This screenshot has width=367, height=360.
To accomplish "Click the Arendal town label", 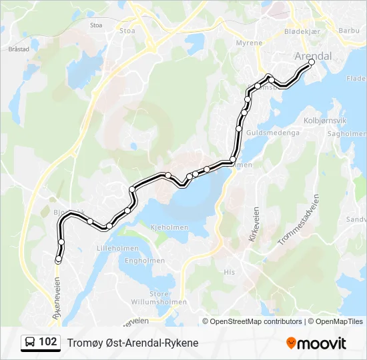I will pos(314,55).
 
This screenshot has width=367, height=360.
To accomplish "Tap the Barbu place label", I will pos(349,30).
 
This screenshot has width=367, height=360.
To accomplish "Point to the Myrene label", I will pos(249,43).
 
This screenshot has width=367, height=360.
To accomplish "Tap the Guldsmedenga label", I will pos(272,133).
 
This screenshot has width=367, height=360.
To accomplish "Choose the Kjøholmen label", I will pos(171,227).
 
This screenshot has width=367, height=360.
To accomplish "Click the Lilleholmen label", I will pos(117,247).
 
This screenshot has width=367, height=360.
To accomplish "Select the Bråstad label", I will pos(19,49).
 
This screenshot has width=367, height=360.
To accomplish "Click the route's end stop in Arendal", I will pos(312,62).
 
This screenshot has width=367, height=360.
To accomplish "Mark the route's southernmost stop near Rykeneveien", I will pos(58,259).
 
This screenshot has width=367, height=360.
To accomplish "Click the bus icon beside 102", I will pos(30,343).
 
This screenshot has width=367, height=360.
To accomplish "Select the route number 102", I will pos(48,342).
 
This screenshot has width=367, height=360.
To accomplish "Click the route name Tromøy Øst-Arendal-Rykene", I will pos(133,343).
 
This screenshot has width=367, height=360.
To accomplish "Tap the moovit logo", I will pos(316,343).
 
